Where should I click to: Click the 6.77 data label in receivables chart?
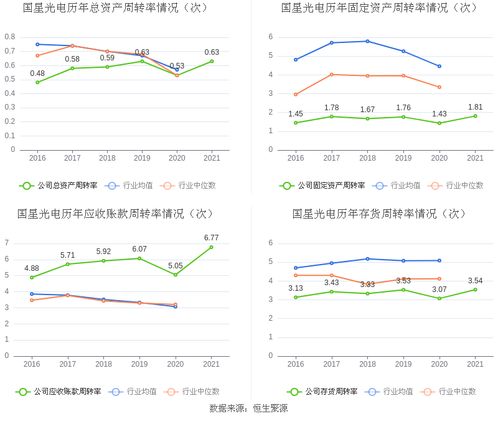coord(211,238)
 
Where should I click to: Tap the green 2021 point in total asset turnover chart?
coord(212,61)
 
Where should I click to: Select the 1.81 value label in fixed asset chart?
coord(475,107)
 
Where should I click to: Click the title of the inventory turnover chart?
coord(379,214)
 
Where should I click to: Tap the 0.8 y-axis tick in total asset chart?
coord(10,37)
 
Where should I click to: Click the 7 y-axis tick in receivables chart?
coord(7,243)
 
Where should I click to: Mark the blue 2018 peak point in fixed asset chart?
coord(367,41)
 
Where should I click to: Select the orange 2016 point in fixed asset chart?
coord(296,95)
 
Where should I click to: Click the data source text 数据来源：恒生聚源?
coord(248,408)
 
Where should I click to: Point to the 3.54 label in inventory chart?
coord(475,281)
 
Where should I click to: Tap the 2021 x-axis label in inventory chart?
coord(475,364)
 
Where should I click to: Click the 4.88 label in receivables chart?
coord(32,268)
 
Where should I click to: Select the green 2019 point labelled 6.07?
coord(139,258)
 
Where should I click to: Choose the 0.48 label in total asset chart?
coord(37,73)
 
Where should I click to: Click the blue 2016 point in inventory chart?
coord(296,268)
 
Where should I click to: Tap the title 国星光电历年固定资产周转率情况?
coord(379,7)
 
